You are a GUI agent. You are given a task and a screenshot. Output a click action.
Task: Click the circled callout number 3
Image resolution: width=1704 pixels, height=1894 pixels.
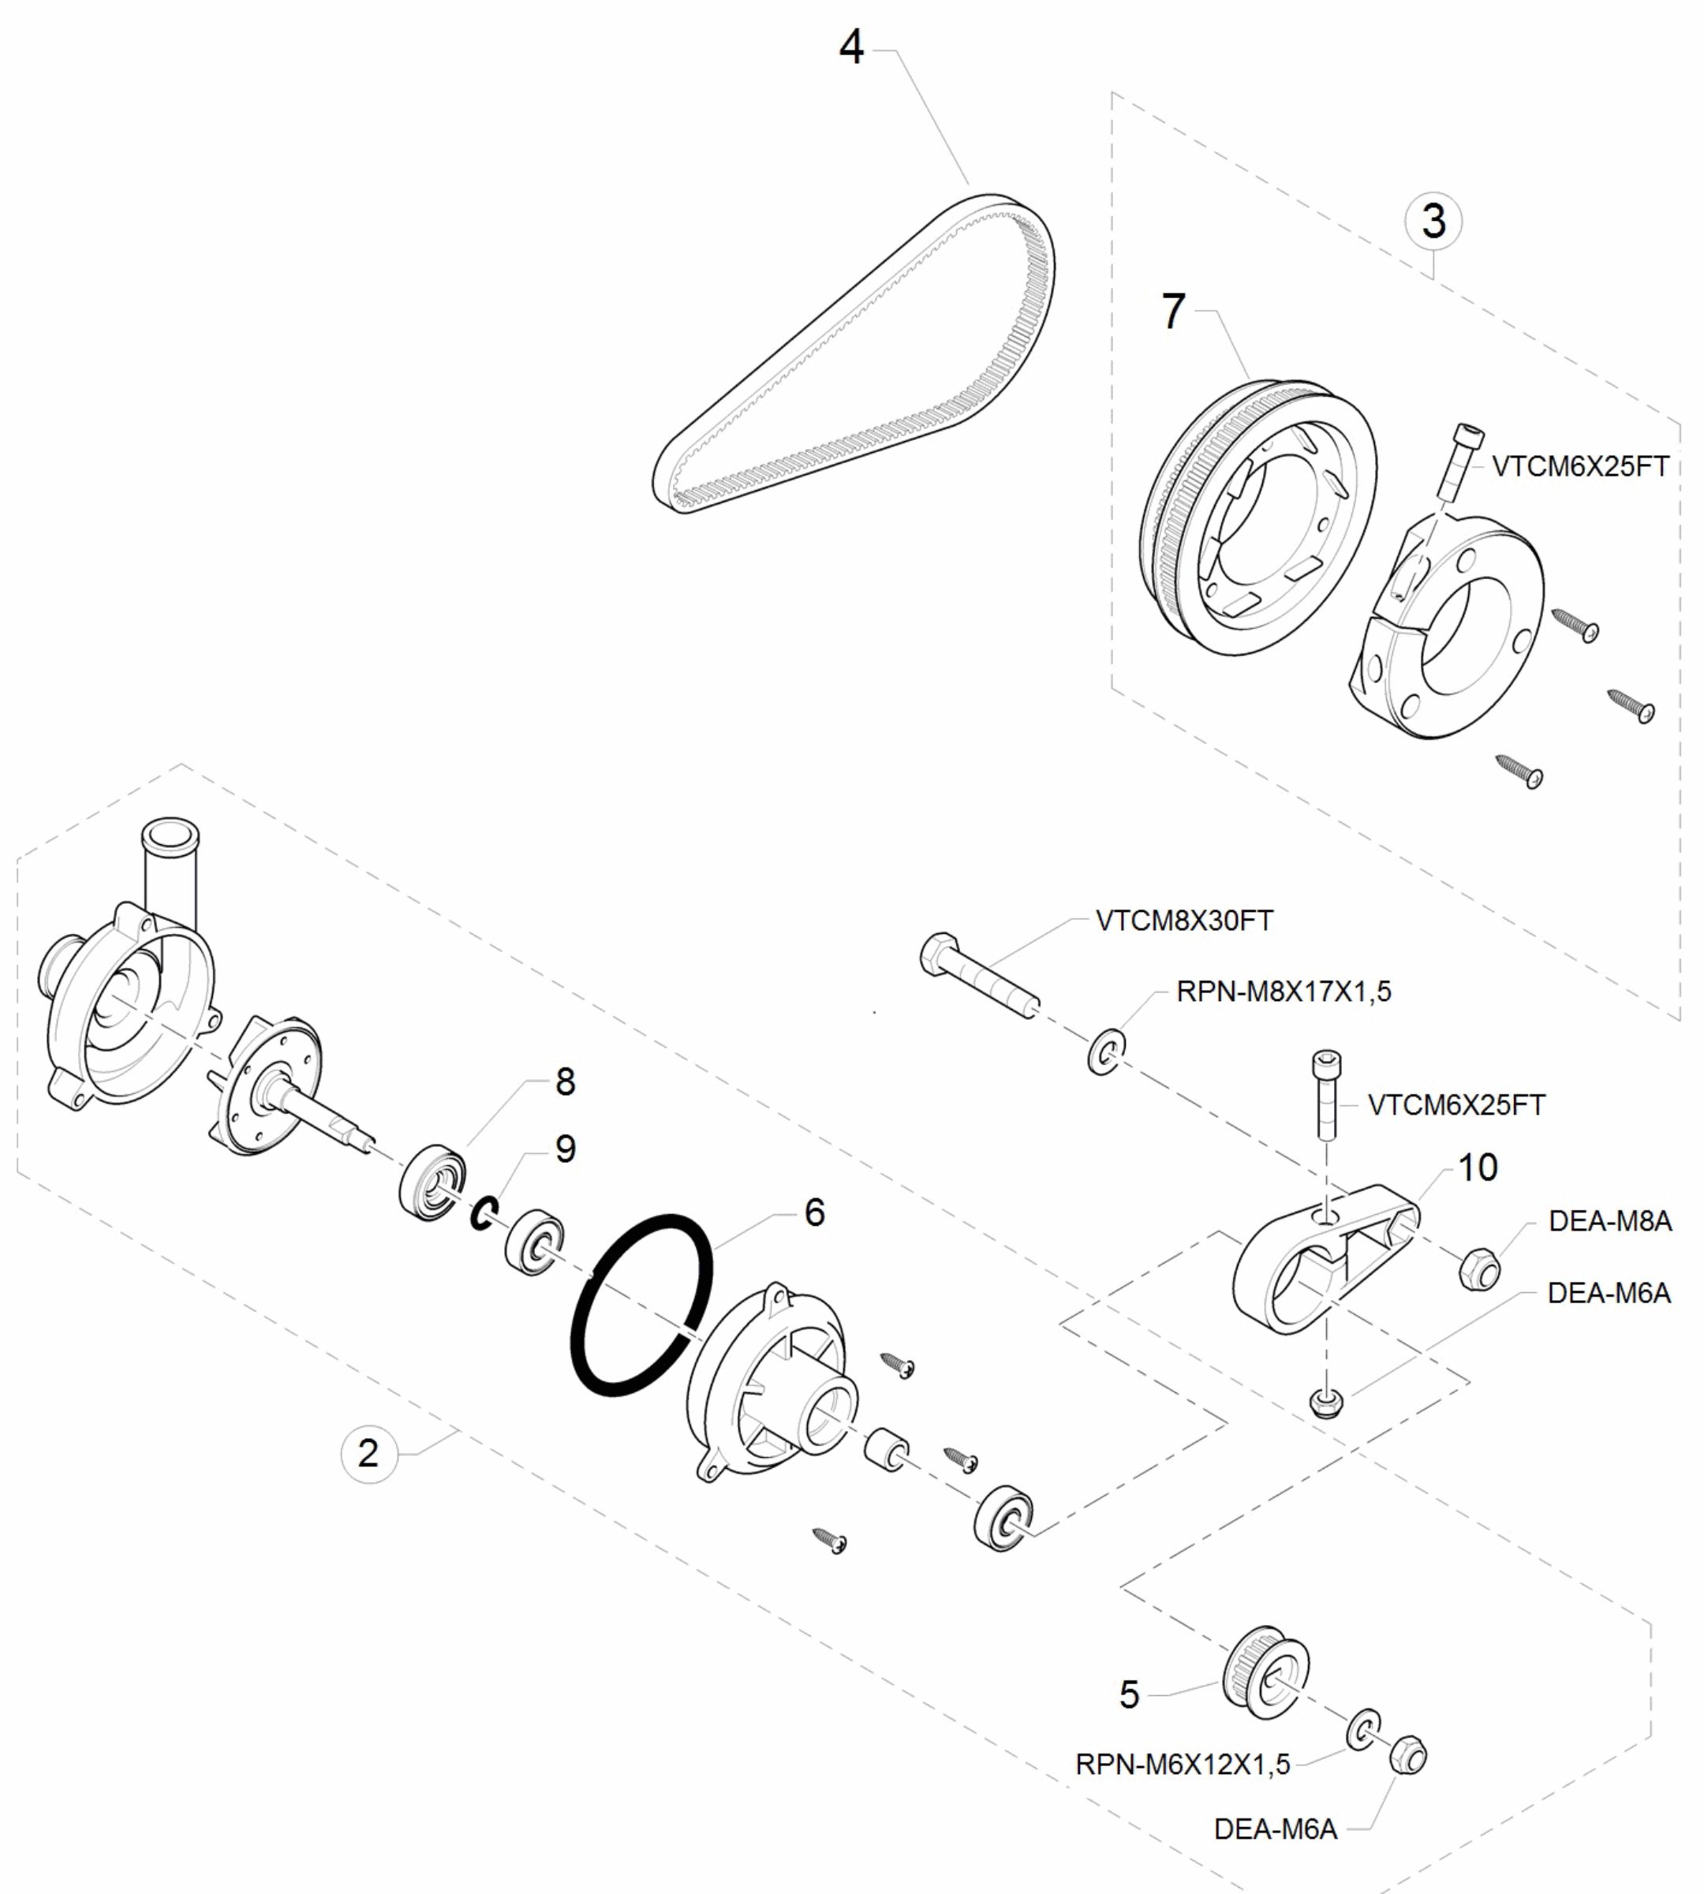(1433, 222)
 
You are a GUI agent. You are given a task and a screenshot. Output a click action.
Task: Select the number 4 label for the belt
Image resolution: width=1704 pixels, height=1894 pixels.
(850, 47)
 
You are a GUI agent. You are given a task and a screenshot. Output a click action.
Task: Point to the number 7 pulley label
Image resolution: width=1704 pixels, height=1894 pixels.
(1173, 312)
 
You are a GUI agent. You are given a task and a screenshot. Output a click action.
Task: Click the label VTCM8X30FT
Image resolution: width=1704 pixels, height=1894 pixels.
(1183, 921)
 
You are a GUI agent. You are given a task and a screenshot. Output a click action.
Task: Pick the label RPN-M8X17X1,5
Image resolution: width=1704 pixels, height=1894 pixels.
(1283, 992)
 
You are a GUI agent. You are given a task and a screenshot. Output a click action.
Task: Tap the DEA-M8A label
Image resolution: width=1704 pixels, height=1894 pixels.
(1609, 1222)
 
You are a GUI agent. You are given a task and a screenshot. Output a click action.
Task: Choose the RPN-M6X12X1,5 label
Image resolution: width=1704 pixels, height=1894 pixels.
(1182, 1765)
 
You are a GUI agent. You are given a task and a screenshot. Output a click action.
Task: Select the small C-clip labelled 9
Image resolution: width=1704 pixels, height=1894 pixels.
(483, 1214)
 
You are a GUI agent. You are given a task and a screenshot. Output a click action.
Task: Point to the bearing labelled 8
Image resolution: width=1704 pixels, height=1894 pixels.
(432, 1182)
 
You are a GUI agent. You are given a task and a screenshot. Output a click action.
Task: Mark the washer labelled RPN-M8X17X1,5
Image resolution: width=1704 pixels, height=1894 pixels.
(1106, 1052)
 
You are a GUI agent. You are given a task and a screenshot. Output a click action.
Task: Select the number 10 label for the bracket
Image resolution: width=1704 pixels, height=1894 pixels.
(1478, 1167)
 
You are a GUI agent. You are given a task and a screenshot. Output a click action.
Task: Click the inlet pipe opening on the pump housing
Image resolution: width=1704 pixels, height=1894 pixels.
(170, 831)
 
